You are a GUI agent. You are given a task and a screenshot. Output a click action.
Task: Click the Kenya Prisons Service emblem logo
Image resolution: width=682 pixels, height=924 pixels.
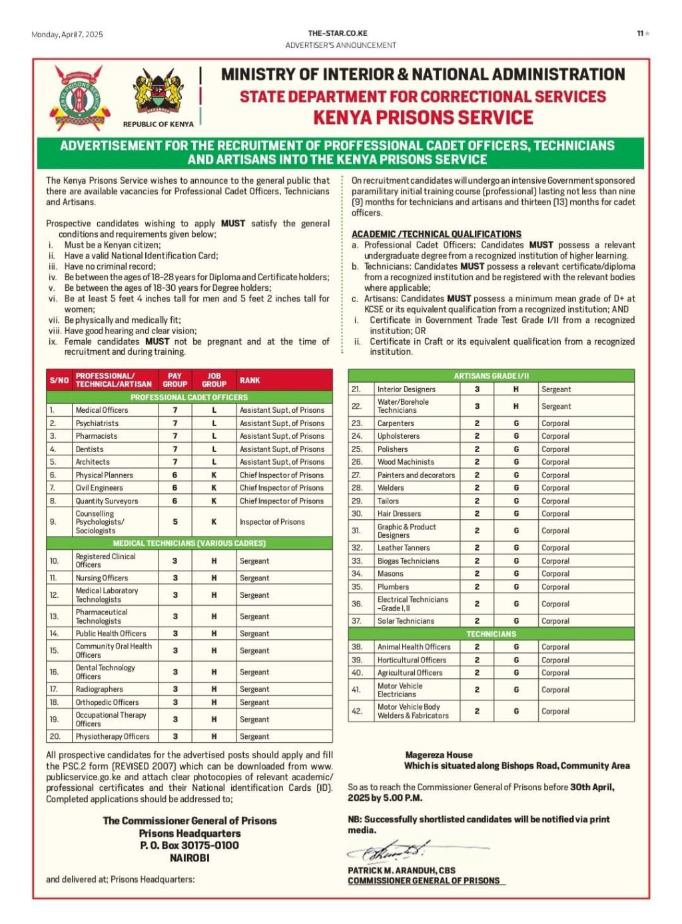pos(79,97)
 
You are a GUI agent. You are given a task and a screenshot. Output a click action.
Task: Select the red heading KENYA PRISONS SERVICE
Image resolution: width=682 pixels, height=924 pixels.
pos(423,118)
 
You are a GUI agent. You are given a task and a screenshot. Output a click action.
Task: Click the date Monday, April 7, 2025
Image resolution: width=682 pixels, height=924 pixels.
pos(67,35)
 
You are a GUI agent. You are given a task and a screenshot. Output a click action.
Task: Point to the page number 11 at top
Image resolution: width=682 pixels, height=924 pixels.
pos(640,33)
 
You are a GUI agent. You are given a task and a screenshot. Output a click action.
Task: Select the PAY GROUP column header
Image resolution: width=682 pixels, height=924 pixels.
pos(174,380)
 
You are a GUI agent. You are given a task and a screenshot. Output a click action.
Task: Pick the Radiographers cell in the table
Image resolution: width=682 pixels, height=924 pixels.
pos(99,689)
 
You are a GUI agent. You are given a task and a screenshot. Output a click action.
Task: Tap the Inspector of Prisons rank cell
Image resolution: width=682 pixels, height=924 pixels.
pos(272,522)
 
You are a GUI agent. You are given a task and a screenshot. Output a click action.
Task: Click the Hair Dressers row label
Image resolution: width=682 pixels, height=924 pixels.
pos(399,514)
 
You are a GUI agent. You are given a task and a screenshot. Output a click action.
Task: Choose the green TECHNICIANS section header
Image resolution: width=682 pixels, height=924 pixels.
pos(491,634)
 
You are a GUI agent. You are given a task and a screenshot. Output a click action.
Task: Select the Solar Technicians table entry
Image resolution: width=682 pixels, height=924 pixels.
pos(406,621)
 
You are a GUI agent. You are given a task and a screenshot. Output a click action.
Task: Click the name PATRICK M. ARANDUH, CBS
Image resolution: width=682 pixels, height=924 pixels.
pos(401,870)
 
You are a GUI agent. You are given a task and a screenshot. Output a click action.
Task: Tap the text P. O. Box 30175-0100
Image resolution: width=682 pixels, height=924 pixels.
pos(189,845)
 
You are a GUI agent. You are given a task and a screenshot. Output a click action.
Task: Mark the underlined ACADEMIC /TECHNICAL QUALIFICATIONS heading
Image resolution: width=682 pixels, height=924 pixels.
pos(436,234)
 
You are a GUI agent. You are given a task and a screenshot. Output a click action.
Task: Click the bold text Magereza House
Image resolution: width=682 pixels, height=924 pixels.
pos(438,755)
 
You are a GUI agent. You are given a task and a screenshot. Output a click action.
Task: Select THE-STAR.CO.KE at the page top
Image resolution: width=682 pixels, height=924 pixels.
pos(338,33)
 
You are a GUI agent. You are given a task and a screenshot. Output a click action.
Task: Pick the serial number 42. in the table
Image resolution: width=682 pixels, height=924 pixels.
pos(357,711)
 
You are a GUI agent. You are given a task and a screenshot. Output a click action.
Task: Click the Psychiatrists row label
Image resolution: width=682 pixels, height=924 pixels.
pos(97,423)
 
